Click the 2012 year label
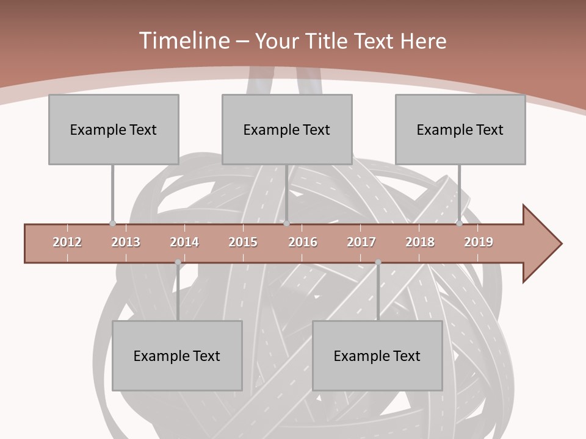pos(67,242)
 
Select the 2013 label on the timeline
pos(126,242)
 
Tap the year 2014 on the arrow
pos(184,242)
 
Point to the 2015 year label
pos(243,242)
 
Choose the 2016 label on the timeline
pos(303,242)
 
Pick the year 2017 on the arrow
pos(361,242)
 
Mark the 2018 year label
pos(420,242)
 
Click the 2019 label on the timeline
pos(479,242)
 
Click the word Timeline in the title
pos(183,41)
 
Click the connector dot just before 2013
pos(112,224)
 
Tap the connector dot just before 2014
pos(178,262)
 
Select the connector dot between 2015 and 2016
pos(286,224)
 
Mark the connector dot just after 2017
pos(378,262)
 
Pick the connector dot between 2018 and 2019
pos(459,224)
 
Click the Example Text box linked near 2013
pos(114,129)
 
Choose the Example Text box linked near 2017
pos(377,355)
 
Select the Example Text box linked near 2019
pos(460,129)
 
